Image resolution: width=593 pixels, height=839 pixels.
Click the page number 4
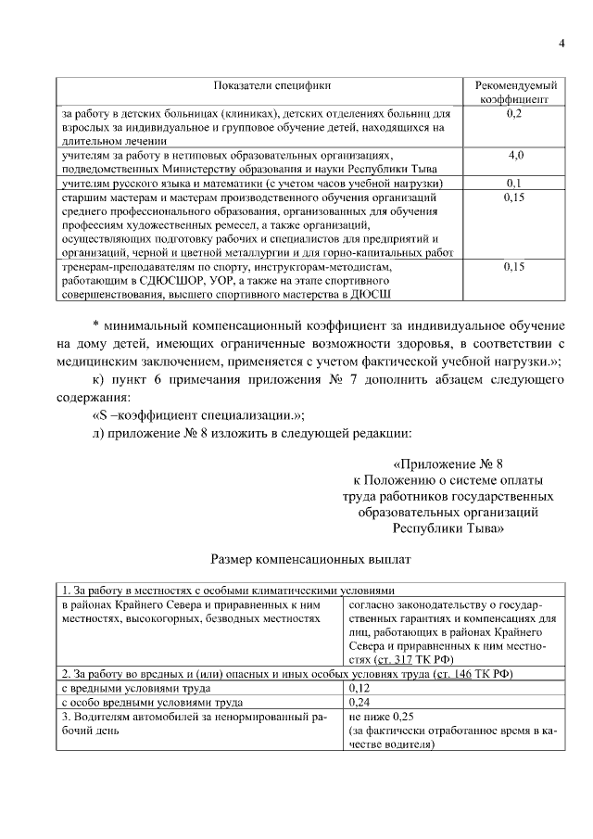[x=561, y=43]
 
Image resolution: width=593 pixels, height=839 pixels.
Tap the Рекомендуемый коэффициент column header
[x=514, y=90]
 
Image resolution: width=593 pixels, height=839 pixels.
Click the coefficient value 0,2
[x=515, y=113]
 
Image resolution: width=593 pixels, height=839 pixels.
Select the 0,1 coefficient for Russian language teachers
[x=515, y=184]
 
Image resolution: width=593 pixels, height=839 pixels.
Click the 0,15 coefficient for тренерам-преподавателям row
[x=515, y=267]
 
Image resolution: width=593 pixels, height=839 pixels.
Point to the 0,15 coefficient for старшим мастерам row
[x=515, y=197]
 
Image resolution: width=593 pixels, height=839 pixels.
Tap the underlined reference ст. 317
[x=397, y=659]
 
